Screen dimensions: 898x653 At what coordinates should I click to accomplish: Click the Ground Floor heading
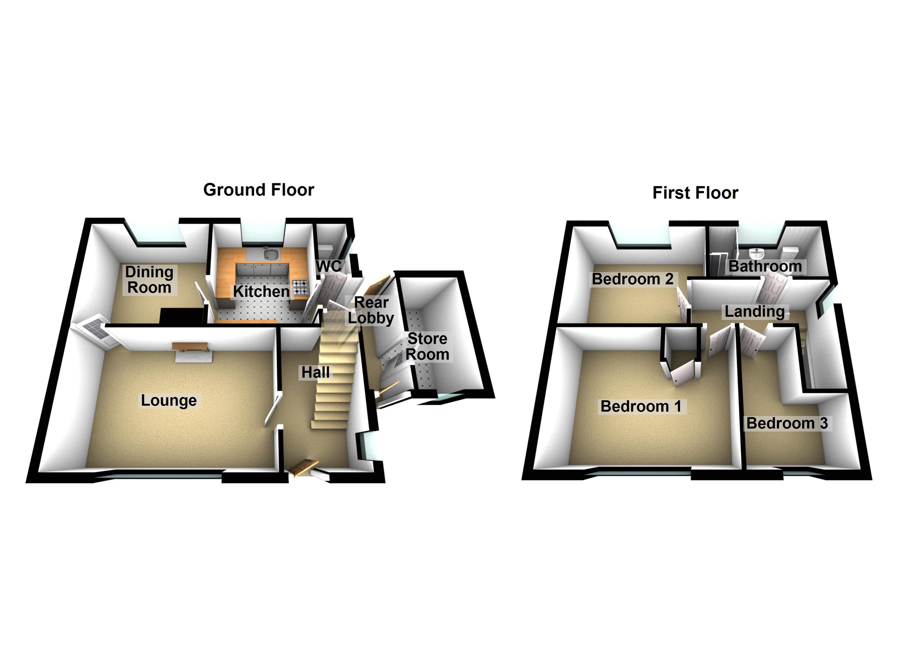[x=259, y=190]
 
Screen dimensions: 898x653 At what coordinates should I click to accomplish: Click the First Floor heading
[x=695, y=193]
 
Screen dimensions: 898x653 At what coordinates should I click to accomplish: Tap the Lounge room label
[x=169, y=400]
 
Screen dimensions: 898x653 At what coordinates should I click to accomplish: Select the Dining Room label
[x=149, y=280]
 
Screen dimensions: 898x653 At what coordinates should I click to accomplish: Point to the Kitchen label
[x=261, y=291]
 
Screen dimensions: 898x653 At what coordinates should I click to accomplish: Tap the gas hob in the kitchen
[x=301, y=288]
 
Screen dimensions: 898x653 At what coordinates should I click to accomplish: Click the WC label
[x=328, y=266]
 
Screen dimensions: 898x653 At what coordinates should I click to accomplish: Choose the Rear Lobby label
[x=371, y=310]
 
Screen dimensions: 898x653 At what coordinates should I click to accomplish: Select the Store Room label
[x=428, y=346]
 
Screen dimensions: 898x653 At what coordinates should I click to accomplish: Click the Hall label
[x=315, y=372]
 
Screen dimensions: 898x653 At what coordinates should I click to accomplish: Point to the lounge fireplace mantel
[x=190, y=347]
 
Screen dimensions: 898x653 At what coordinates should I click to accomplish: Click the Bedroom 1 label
[x=641, y=407]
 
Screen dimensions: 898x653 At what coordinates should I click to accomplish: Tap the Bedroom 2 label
[x=632, y=279]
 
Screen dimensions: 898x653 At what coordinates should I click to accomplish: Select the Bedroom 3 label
[x=787, y=423]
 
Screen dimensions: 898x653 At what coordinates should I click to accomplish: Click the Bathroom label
[x=765, y=266]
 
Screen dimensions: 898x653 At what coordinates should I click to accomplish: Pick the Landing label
[x=755, y=311]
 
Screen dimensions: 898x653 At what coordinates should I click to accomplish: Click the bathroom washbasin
[x=757, y=253]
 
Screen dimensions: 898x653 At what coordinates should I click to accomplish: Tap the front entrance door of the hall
[x=303, y=467]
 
